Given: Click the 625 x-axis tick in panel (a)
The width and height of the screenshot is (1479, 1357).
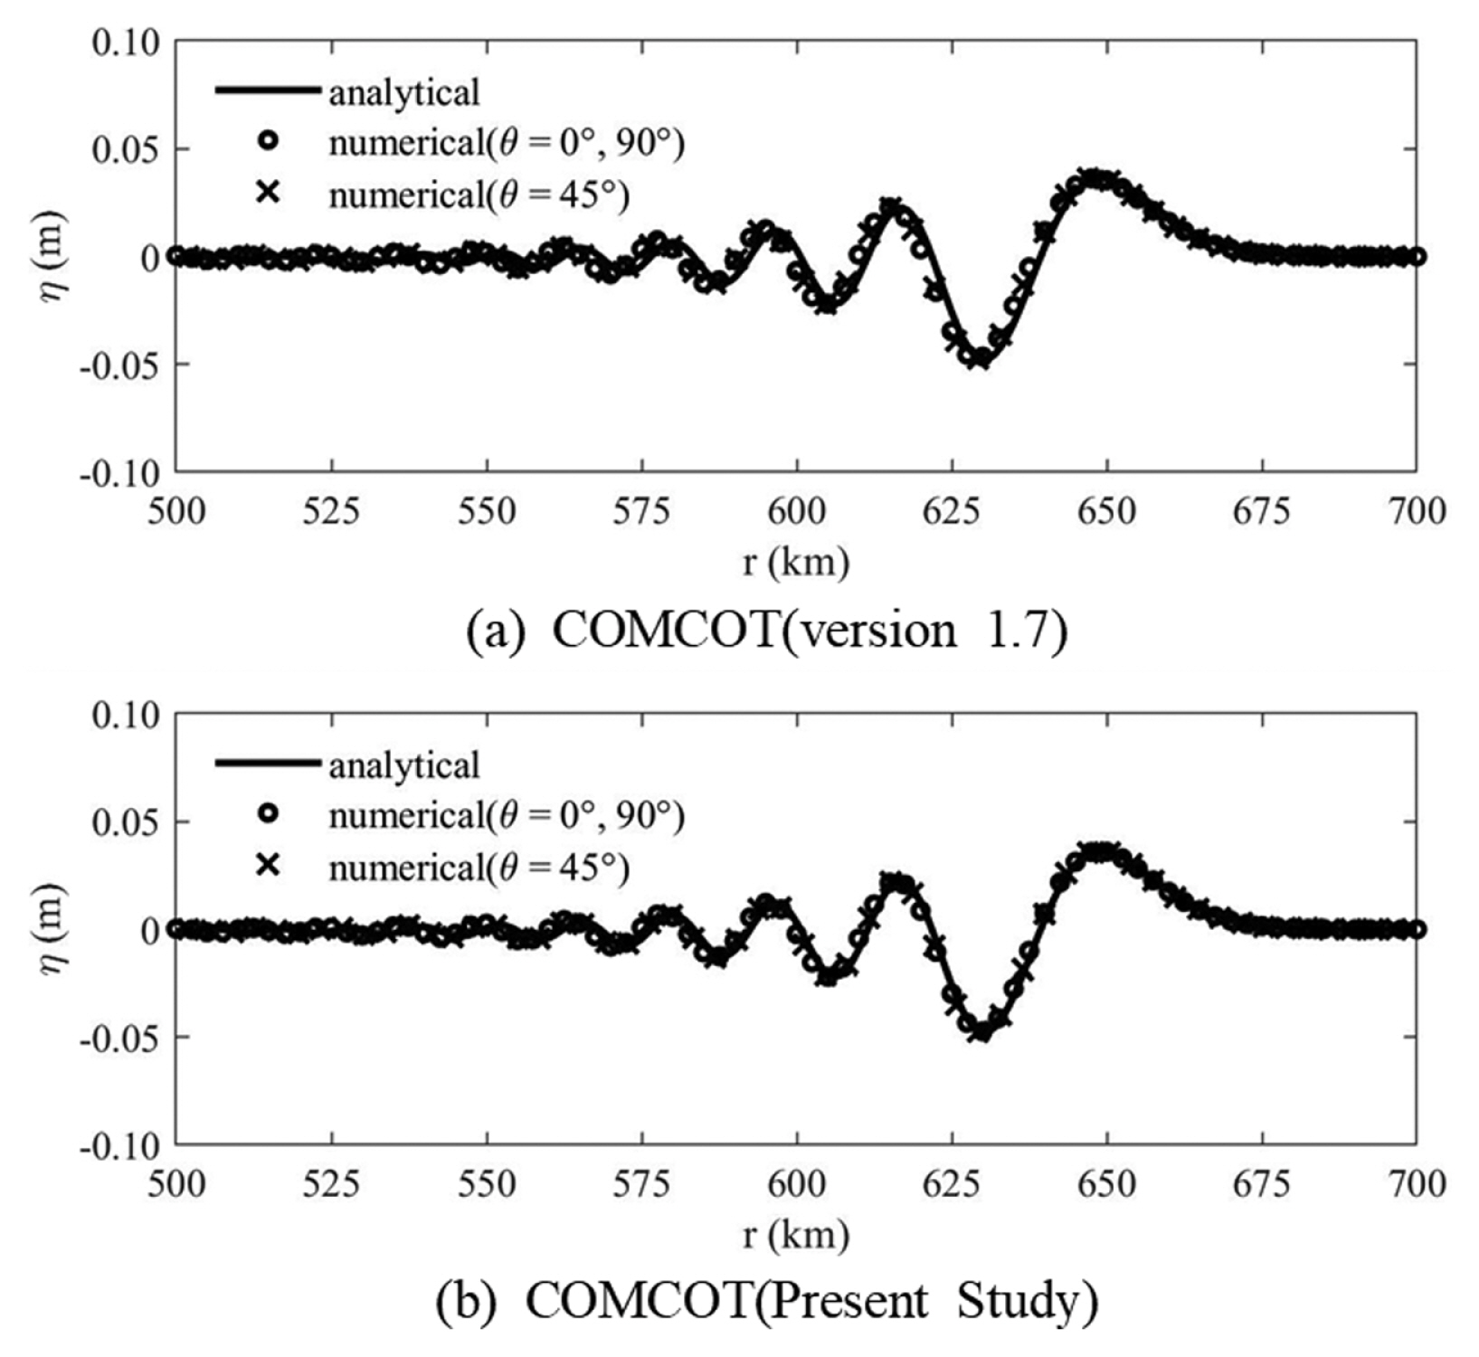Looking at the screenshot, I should click(x=952, y=512).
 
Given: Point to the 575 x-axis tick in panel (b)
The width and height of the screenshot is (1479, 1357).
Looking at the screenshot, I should click(x=641, y=1184).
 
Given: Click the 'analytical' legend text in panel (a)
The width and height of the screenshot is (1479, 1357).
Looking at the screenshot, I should click(x=403, y=92).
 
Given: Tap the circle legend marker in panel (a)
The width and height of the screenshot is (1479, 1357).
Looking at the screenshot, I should click(x=268, y=142).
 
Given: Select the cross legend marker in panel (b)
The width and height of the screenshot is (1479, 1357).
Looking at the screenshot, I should click(x=268, y=866).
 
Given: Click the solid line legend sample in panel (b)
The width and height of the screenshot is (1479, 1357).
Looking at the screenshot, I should click(x=268, y=764).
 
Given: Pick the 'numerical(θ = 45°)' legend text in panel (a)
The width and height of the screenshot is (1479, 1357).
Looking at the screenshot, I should click(x=479, y=195).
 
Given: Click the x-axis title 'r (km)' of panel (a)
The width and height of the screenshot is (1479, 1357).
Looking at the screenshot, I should click(x=795, y=563).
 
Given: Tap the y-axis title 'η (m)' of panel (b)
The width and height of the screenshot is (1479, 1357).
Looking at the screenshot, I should click(x=52, y=929).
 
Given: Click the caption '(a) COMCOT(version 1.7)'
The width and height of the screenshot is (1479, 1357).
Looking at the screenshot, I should click(x=766, y=630).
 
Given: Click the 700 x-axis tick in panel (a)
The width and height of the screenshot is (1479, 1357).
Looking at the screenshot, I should click(x=1416, y=512).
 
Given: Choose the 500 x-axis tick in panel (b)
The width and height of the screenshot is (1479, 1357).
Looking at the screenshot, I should click(x=176, y=1184).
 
